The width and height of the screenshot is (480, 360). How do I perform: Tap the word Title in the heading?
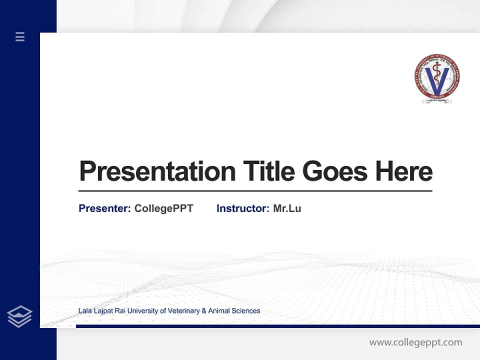(269, 171)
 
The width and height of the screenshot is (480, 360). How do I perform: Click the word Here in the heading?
(404, 171)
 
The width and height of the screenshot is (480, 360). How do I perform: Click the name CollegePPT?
(164, 208)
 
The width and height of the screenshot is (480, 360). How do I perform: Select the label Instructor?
(243, 208)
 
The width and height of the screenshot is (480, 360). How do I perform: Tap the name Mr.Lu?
(287, 208)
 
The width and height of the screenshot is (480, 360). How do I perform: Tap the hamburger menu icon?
(20, 36)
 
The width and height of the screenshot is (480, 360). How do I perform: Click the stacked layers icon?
(19, 316)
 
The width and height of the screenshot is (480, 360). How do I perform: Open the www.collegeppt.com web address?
(415, 342)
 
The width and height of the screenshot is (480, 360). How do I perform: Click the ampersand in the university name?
(203, 311)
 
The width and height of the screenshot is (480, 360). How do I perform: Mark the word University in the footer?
(143, 311)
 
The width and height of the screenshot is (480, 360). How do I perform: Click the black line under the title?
(255, 190)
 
